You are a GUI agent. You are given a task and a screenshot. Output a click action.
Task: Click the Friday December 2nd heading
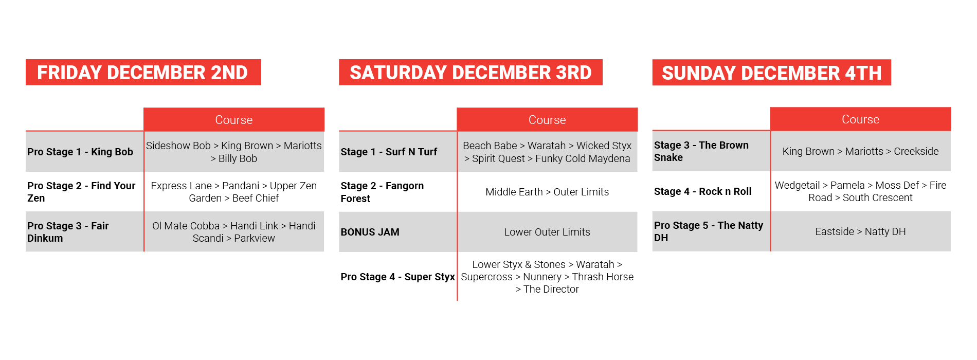pos(143,73)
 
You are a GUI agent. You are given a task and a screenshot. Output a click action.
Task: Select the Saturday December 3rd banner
pos(471,73)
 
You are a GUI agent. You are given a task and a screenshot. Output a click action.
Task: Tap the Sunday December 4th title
pos(771,73)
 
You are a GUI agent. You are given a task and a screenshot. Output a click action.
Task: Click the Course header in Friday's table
pos(234,120)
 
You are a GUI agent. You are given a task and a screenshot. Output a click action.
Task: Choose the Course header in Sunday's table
pos(860,119)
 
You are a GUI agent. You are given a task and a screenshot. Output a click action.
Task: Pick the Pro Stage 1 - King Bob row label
pos(80,152)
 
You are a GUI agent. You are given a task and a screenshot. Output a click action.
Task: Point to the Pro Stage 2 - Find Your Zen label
pos(81,192)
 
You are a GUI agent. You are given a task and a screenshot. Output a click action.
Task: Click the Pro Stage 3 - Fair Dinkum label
pos(68,232)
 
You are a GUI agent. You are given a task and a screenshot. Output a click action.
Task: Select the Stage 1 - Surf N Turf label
pos(389,152)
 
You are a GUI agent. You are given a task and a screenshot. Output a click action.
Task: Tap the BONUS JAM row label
pos(370,232)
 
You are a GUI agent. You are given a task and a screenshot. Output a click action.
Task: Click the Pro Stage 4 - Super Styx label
pos(397,277)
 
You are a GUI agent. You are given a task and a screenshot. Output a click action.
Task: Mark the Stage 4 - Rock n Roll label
pos(702,191)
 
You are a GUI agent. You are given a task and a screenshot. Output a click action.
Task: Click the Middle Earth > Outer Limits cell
pos(547,192)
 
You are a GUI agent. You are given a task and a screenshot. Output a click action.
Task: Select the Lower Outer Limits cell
pos(547,232)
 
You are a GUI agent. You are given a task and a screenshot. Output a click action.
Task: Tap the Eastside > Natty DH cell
pos(860,231)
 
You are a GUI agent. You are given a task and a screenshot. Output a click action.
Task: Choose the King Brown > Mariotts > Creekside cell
pos(860,151)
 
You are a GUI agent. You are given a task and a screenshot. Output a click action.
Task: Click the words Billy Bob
pos(238,158)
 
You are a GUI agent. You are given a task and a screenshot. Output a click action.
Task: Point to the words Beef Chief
pos(256,198)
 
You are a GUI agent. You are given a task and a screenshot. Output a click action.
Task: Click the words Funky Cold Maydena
pos(583,158)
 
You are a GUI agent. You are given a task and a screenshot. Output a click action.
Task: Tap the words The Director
pos(551,289)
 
